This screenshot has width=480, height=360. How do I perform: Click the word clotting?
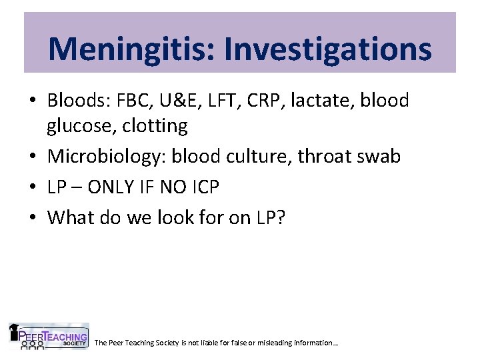pos(154,125)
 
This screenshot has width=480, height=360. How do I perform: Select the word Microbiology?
pos(107,156)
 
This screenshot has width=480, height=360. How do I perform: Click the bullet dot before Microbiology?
pos(33,157)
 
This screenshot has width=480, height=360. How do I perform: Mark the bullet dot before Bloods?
pos(33,101)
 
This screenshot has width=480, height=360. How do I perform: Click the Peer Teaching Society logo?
pos(48,337)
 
